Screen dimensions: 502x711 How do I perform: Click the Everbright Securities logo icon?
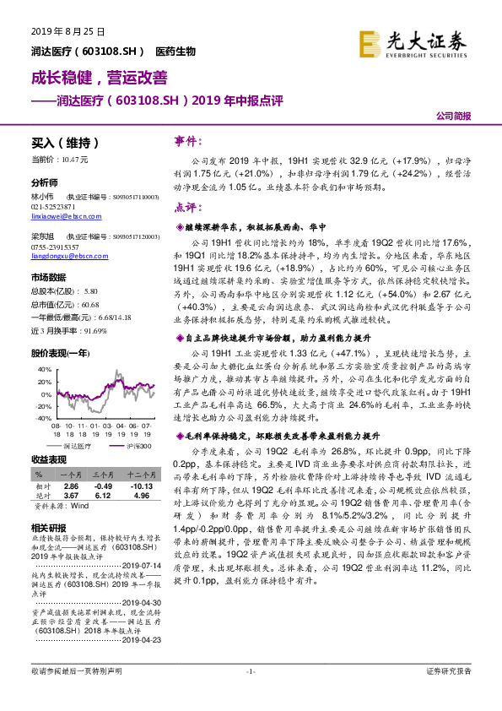369,41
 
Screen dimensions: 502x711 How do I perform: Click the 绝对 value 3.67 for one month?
73,496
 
